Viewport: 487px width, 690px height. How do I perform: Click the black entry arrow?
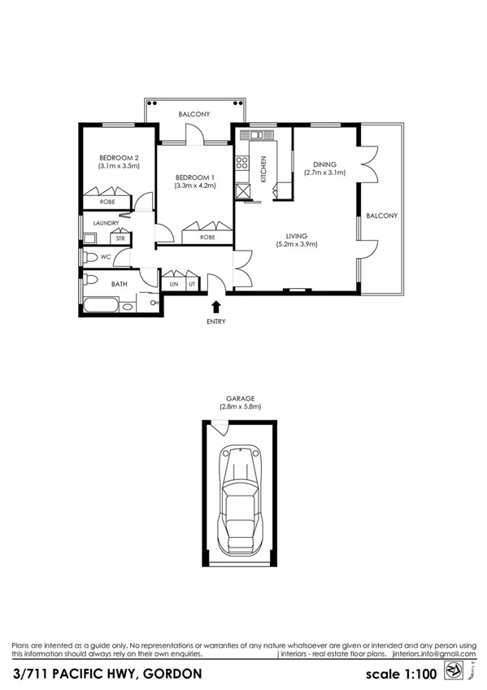click(x=215, y=307)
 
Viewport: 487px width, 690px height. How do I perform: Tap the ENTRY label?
click(x=215, y=321)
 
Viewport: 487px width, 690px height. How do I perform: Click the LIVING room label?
click(x=296, y=236)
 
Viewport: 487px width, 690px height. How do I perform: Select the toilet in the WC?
click(x=91, y=258)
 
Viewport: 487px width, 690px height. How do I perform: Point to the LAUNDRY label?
click(x=107, y=223)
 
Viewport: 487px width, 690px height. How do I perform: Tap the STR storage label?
click(x=120, y=238)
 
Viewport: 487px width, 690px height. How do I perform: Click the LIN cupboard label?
click(x=174, y=284)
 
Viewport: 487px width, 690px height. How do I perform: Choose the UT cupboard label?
click(x=192, y=284)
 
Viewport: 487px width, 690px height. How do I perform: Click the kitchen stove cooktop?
click(x=241, y=162)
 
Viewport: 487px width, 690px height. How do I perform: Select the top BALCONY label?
click(x=196, y=115)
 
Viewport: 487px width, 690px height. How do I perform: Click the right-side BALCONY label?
click(x=381, y=216)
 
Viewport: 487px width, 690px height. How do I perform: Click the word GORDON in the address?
click(x=167, y=674)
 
